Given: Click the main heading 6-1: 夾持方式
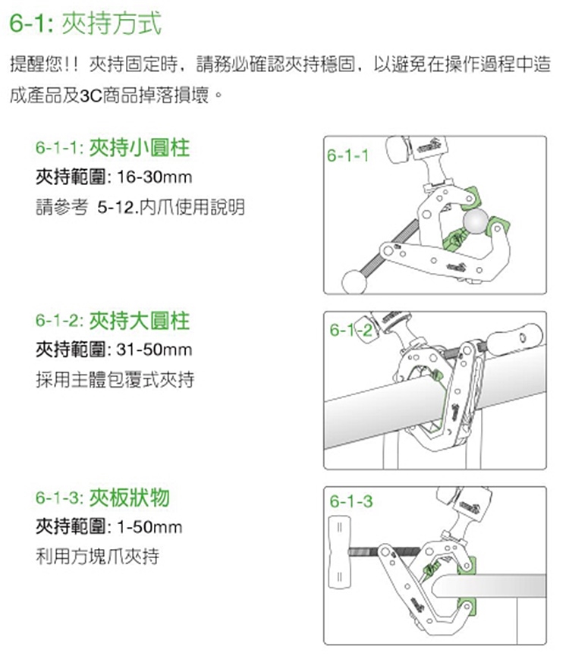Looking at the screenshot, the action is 86,23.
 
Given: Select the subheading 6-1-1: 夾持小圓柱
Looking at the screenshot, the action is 113,148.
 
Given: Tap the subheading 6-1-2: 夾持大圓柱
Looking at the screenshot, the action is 113,322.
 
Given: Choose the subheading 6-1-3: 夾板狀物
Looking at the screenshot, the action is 102,498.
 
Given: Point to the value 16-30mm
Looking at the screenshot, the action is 154,177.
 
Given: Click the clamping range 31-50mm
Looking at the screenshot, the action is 154,350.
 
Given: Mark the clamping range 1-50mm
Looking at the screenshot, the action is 149,528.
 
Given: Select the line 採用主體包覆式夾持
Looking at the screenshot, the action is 115,380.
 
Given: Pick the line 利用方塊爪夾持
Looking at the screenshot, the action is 98,557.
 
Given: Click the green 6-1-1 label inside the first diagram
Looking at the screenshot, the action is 347,156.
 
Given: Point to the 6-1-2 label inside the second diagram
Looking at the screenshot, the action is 351,331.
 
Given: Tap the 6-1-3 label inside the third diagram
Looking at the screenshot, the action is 351,501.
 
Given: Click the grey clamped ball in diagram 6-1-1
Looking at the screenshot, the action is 476,221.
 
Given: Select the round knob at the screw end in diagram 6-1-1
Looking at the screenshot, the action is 354,281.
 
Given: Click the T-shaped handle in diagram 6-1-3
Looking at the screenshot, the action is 339,552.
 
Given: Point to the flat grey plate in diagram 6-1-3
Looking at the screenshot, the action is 489,586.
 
